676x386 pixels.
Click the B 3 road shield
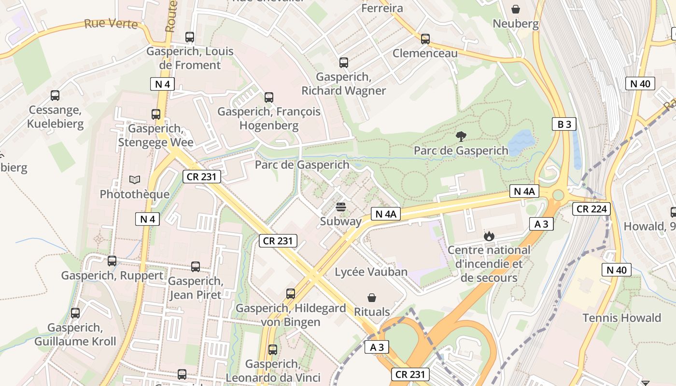(x=564, y=124)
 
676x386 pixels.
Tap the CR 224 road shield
(x=591, y=209)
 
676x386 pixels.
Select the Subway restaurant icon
(x=341, y=207)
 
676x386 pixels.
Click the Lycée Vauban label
(x=371, y=272)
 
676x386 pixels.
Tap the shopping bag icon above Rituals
(x=372, y=297)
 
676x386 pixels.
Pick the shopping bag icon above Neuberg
(x=516, y=9)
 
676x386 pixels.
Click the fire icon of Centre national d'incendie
(x=489, y=236)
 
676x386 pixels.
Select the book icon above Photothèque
(x=135, y=180)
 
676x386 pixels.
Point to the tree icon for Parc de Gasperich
(x=461, y=136)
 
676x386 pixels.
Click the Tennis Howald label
(x=621, y=318)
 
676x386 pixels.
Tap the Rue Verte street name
(x=111, y=24)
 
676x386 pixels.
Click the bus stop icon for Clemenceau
(x=425, y=39)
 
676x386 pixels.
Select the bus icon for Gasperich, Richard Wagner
(x=343, y=62)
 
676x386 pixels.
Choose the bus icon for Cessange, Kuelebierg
(x=55, y=96)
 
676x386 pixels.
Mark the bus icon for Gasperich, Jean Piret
(x=195, y=266)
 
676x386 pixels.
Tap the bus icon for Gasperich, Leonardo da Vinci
(x=273, y=350)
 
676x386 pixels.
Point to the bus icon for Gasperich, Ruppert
(x=112, y=261)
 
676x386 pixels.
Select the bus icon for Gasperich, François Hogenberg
(x=269, y=97)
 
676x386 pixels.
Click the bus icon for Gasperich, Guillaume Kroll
(x=75, y=313)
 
